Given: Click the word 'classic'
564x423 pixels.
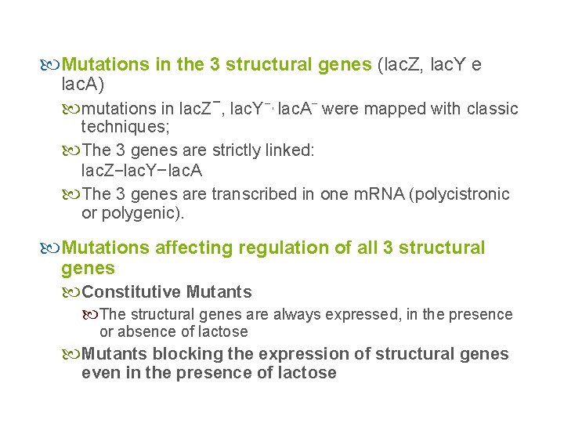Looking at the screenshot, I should point(492,109).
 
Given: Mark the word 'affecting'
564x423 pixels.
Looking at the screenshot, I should point(190,248).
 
